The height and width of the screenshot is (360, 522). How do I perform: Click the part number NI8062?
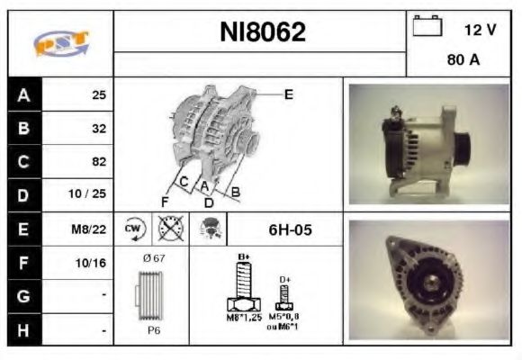click(263, 32)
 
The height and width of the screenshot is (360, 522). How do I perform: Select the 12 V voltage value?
click(479, 30)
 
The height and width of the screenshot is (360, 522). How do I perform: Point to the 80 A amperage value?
click(463, 62)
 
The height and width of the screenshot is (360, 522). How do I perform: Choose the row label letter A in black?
click(24, 94)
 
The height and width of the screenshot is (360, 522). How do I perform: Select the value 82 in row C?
click(99, 162)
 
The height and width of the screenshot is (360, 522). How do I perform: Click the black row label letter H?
click(24, 330)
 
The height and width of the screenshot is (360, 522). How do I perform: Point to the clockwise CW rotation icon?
click(133, 229)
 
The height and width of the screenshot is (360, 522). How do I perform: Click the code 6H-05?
click(290, 230)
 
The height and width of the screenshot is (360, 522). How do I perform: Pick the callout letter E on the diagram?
click(288, 94)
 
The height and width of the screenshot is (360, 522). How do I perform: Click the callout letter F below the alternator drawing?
click(165, 201)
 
